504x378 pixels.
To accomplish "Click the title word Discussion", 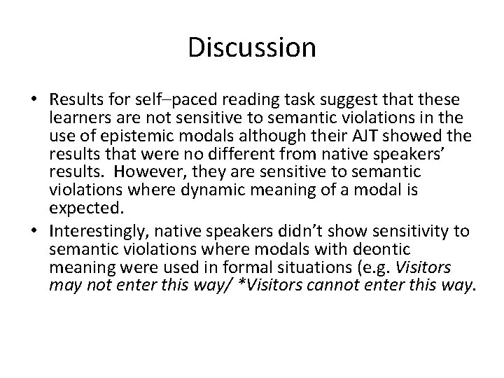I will coord(252,48).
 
